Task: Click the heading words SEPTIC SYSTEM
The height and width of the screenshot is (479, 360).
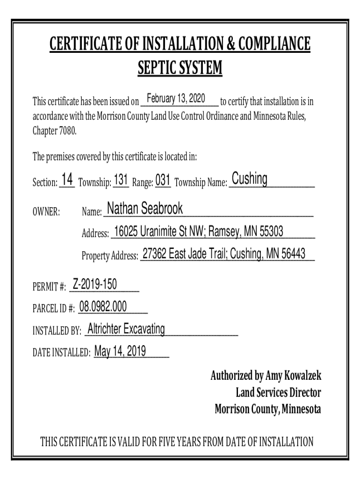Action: [180, 69]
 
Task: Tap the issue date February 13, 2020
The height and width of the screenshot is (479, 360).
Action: [176, 99]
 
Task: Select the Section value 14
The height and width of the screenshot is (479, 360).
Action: [67, 180]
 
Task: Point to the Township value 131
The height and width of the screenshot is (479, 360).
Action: [121, 180]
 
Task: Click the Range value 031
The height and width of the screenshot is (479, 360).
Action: [163, 180]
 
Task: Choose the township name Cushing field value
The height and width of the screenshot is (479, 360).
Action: [250, 179]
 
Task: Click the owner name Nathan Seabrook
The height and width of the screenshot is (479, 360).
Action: [145, 209]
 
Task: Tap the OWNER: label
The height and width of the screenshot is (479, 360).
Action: [46, 212]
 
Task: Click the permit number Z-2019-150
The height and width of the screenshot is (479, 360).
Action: [95, 284]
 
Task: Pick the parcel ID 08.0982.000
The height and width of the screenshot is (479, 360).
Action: [103, 306]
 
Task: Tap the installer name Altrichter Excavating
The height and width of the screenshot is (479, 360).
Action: [126, 329]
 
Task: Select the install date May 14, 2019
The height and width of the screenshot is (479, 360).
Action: [120, 351]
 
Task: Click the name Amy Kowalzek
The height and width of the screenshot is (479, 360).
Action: [294, 376]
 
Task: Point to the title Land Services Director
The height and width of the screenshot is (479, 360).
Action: [279, 392]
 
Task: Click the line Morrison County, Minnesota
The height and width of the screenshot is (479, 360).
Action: [268, 409]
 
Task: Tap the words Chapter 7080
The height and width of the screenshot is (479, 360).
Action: [54, 131]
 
